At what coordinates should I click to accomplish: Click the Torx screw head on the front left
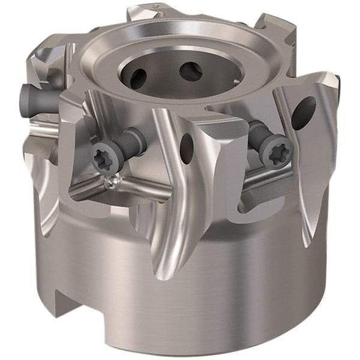(x=102, y=158)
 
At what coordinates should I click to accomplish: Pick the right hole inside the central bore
(x=191, y=71)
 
